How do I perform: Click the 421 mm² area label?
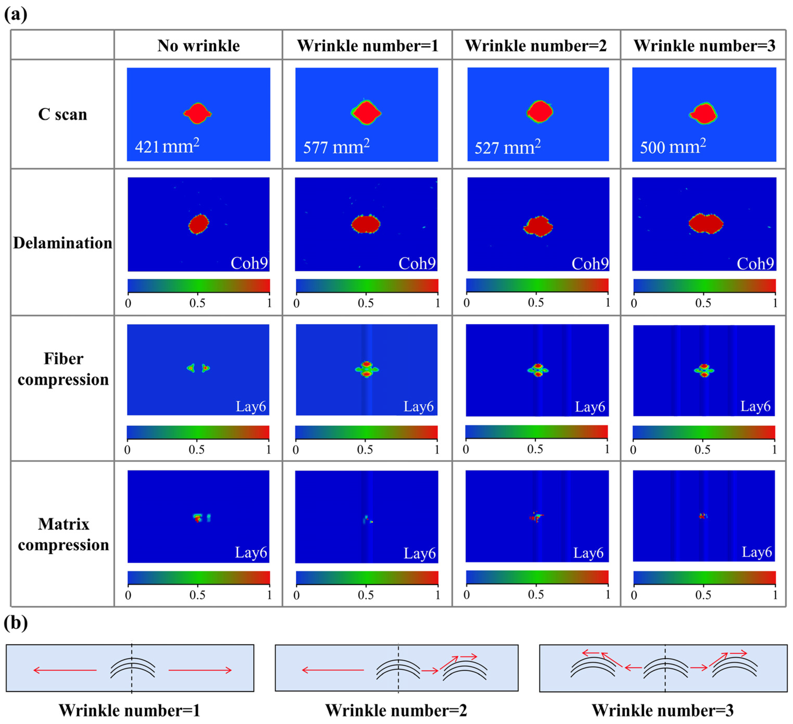point(167,146)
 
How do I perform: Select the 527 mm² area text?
point(507,147)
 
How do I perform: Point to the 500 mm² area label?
point(673,147)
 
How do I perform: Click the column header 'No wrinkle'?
point(198,46)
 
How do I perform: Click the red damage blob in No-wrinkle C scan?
point(198,113)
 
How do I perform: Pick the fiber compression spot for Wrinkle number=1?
point(367,369)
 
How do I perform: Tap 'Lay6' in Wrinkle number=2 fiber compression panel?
point(590,407)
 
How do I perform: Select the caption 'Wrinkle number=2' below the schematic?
point(396,711)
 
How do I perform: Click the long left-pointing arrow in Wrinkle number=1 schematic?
point(65,670)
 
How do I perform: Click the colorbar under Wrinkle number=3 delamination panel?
point(704,285)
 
